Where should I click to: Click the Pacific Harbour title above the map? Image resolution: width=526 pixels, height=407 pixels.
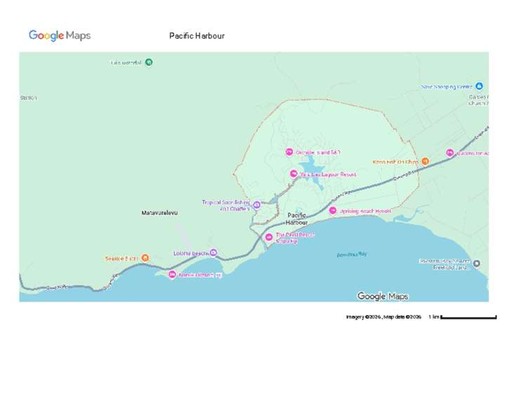(x=197, y=36)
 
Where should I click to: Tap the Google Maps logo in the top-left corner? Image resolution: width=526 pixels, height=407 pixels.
(x=60, y=36)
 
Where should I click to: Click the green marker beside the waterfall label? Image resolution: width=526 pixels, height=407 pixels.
(x=149, y=62)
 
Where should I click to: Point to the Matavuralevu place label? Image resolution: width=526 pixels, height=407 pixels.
(x=160, y=212)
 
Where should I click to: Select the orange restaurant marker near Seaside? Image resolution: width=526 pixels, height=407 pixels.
(x=145, y=258)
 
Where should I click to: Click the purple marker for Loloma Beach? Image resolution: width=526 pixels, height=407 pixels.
(x=213, y=253)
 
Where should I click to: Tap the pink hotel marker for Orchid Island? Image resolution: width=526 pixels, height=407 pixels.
(x=289, y=153)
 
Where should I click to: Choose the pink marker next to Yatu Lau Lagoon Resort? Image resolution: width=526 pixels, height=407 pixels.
(x=293, y=174)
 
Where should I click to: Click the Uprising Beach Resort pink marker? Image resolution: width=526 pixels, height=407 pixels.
(x=333, y=211)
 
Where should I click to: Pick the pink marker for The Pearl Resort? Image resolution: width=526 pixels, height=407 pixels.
(x=269, y=237)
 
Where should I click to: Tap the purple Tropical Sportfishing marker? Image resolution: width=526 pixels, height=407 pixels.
(x=256, y=205)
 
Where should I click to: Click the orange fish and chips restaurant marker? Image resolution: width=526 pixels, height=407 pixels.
(x=425, y=162)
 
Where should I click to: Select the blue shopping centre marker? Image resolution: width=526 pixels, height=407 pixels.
(x=480, y=86)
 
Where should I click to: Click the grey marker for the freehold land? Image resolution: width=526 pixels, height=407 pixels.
(x=477, y=264)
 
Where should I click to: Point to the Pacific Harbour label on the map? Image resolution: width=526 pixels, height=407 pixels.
(x=296, y=219)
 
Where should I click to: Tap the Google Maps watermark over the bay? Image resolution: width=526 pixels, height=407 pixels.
(x=382, y=296)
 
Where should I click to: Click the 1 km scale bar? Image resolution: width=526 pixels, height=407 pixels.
(x=468, y=317)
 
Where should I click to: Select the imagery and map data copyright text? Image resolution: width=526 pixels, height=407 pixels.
(x=383, y=317)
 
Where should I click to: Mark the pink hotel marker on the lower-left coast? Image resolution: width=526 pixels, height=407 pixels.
(x=172, y=274)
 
